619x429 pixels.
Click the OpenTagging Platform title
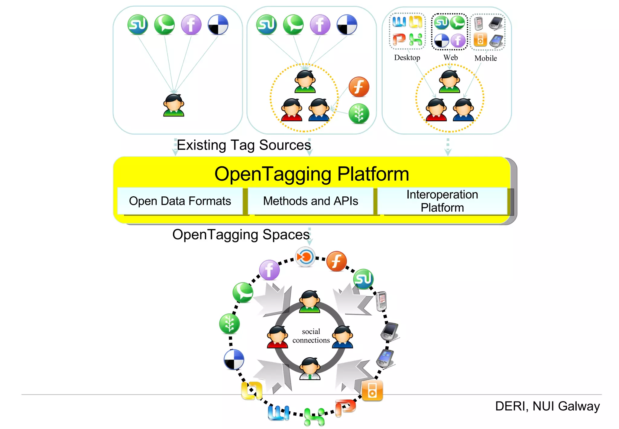point(311,174)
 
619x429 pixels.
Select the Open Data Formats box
point(180,201)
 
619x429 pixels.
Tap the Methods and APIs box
point(310,201)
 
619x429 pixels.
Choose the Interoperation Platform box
point(442,201)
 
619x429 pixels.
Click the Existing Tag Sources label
point(244,145)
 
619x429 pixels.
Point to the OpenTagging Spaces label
point(241,234)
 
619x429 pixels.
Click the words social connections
point(311,336)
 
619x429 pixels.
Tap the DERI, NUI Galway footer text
point(547,406)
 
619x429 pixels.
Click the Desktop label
point(407,57)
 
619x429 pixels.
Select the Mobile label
point(485,58)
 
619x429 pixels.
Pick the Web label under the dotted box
point(450,57)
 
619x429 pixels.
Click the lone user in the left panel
point(173,105)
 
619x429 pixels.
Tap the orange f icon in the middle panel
point(359,87)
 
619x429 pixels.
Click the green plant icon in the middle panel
point(359,114)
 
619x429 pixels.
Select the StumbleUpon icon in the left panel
point(138,25)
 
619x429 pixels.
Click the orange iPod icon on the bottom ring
point(372,391)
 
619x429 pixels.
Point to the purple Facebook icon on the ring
point(269,270)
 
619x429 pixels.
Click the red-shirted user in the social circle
point(277,337)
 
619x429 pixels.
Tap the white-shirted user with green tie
point(309,368)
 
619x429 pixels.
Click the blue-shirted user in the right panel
point(463,110)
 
